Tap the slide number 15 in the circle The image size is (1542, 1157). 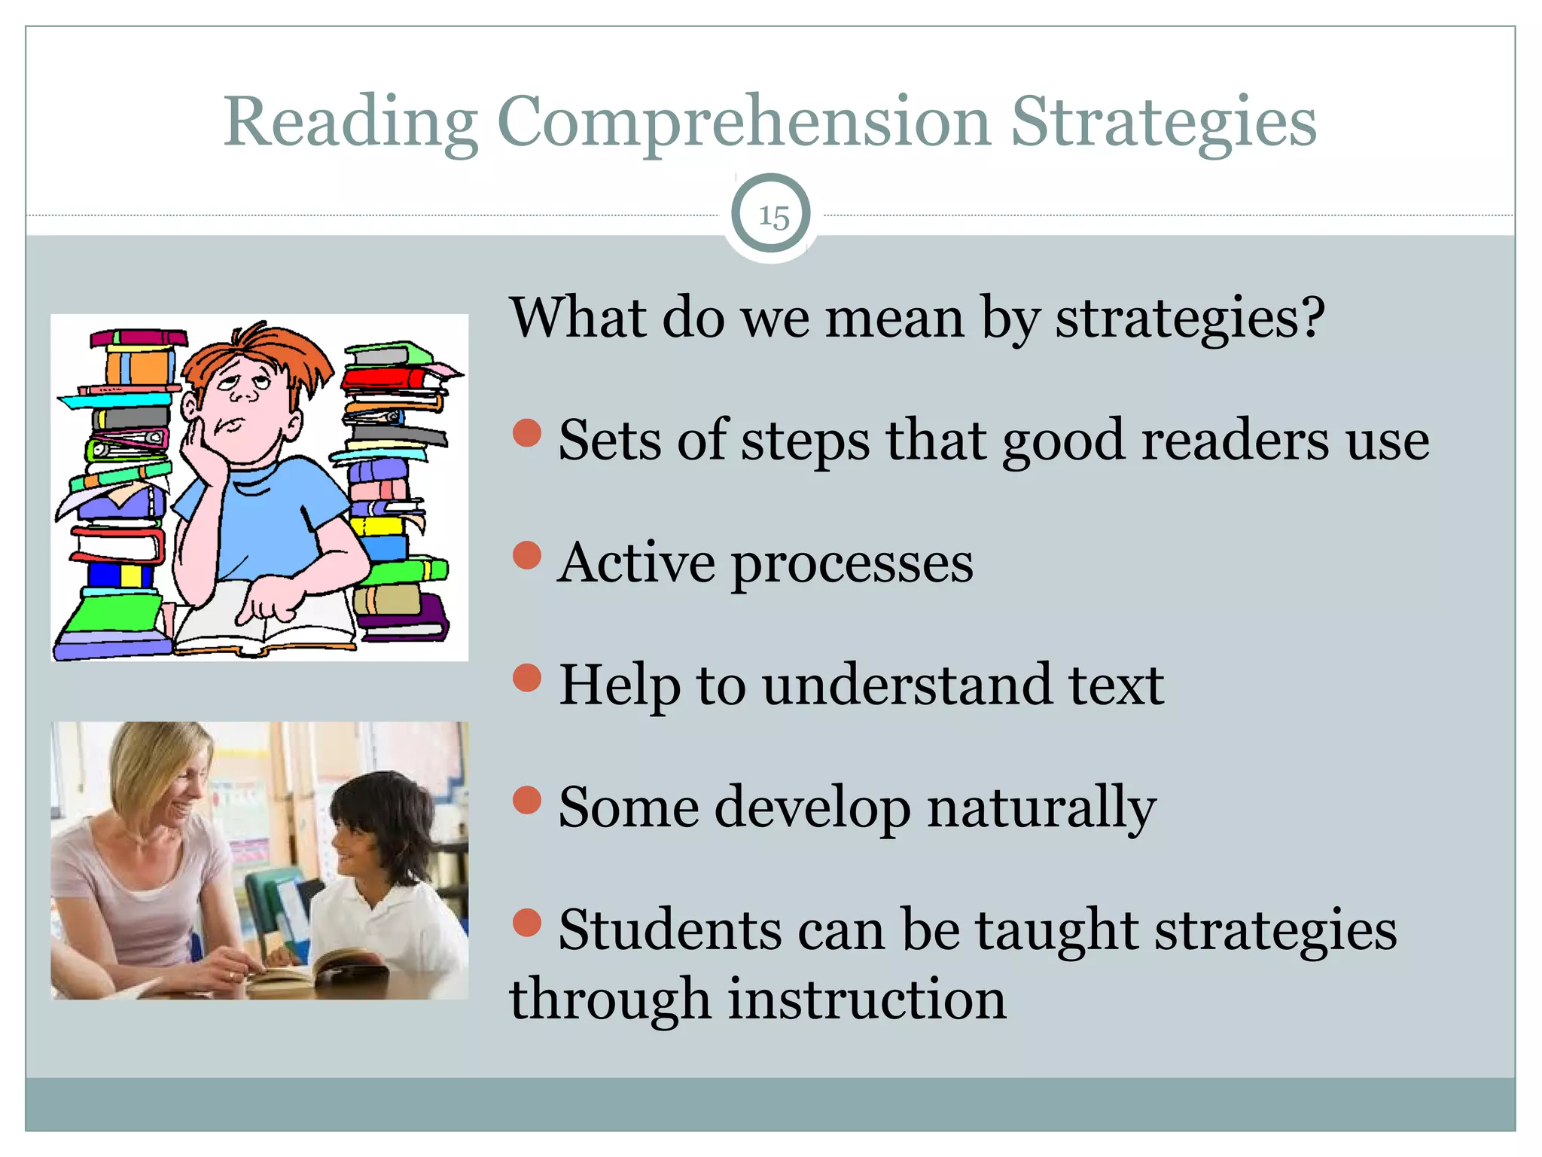pyautogui.click(x=772, y=216)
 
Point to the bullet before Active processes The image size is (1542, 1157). pyautogui.click(x=527, y=555)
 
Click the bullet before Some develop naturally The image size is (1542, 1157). pyautogui.click(x=527, y=800)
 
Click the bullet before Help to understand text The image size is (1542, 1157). pyautogui.click(x=527, y=677)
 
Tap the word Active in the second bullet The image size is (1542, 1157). pyautogui.click(x=636, y=563)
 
